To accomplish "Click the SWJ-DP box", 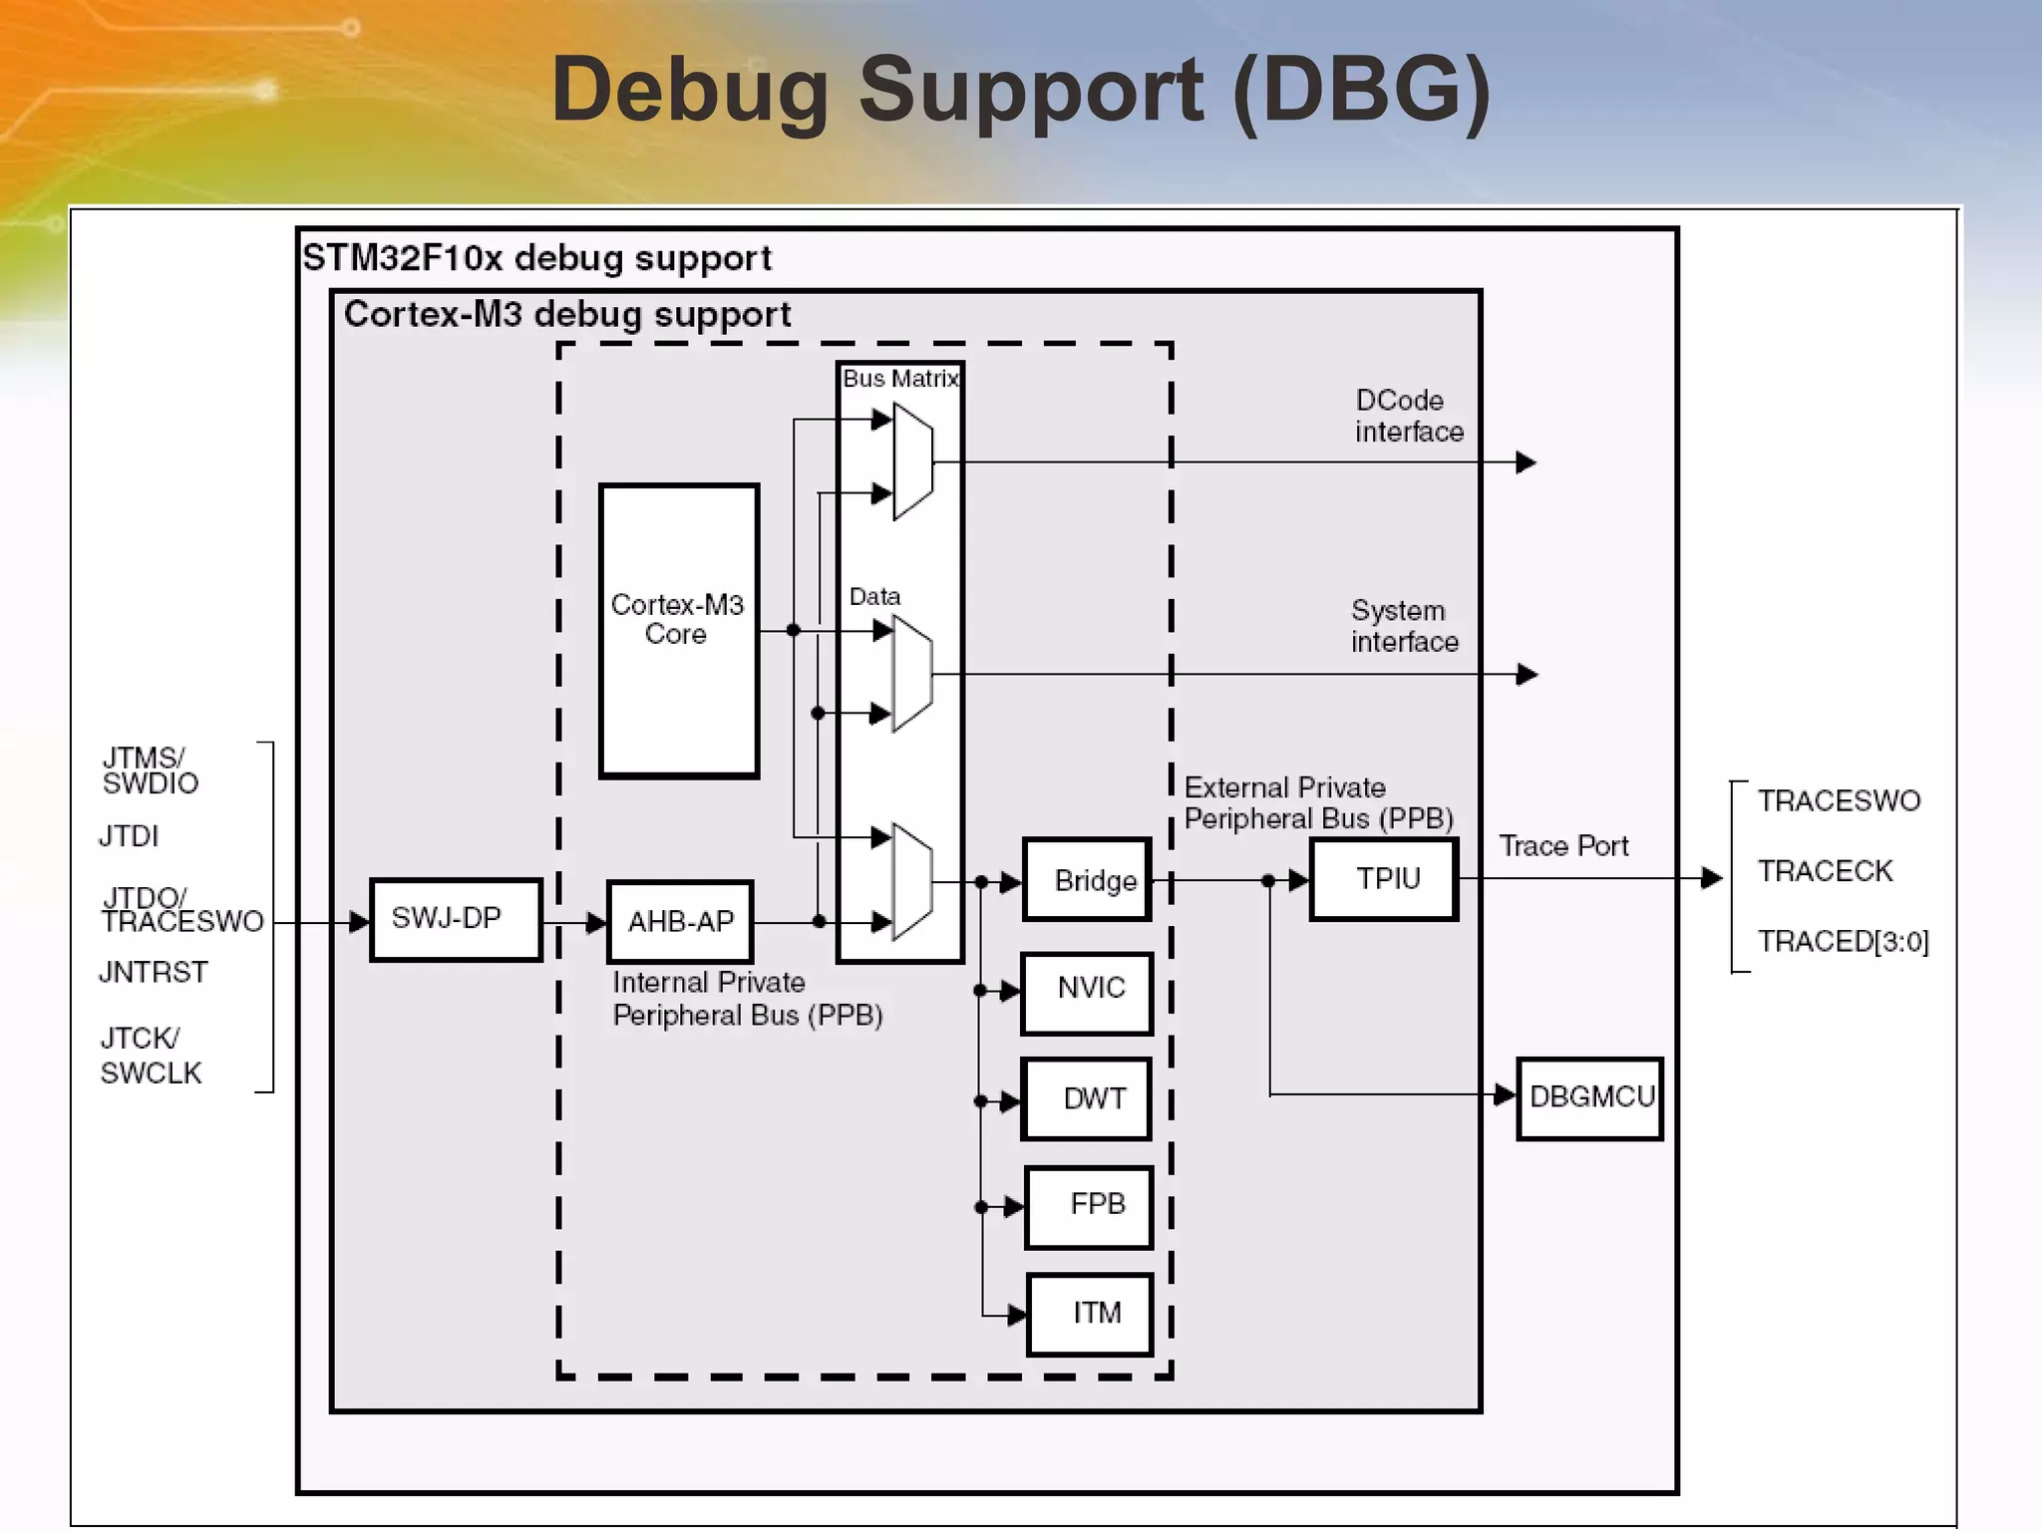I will click(x=456, y=919).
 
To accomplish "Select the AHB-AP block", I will click(x=680, y=922).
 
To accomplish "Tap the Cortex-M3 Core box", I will click(x=678, y=630).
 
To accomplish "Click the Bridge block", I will click(x=1088, y=880).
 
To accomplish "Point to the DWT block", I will click(x=1088, y=1099).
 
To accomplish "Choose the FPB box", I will click(x=1089, y=1206).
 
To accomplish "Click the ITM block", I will click(x=1090, y=1314).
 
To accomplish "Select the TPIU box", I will click(x=1384, y=879).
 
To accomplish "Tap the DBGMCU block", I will click(x=1590, y=1097).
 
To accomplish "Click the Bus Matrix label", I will click(x=900, y=379).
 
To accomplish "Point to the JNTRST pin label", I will click(x=154, y=972).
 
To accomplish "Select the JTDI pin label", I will click(x=129, y=835).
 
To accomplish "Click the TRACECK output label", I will click(x=1825, y=871).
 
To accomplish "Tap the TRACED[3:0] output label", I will click(x=1843, y=941).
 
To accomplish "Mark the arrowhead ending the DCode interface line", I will click(x=1526, y=462).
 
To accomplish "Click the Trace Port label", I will click(x=1563, y=846).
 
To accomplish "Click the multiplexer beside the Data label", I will click(x=912, y=674).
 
